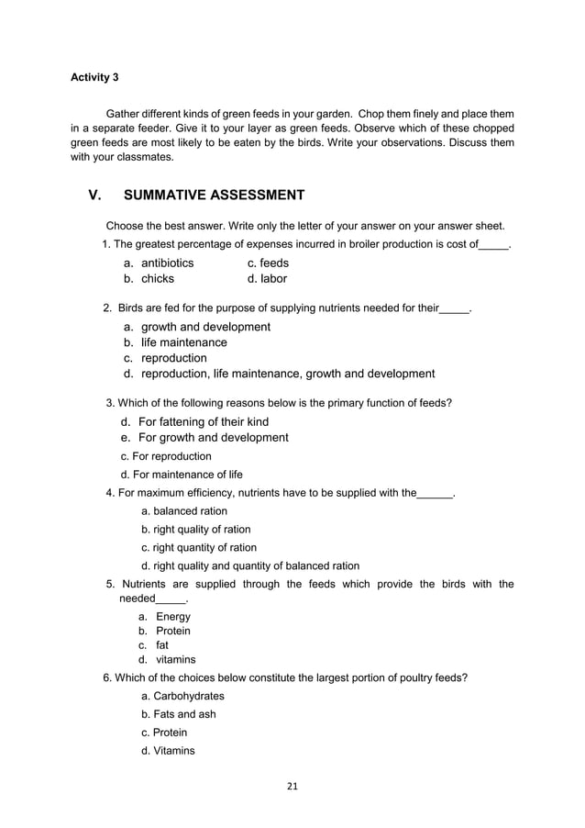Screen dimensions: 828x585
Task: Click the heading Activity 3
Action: point(94,77)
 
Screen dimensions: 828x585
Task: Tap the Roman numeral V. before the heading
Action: point(95,195)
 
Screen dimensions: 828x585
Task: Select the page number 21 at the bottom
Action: point(292,785)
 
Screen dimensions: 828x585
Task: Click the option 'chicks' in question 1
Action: point(157,279)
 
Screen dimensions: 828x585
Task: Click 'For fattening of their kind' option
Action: point(203,422)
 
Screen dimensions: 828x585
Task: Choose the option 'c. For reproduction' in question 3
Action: point(166,456)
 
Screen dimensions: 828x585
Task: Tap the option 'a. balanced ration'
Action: point(184,511)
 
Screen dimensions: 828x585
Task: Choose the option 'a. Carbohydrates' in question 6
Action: point(182,697)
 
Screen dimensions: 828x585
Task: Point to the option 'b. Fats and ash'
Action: point(179,714)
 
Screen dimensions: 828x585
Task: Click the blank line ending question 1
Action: point(494,245)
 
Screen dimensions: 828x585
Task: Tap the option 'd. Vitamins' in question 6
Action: point(168,751)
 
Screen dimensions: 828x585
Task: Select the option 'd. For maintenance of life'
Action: point(182,475)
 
